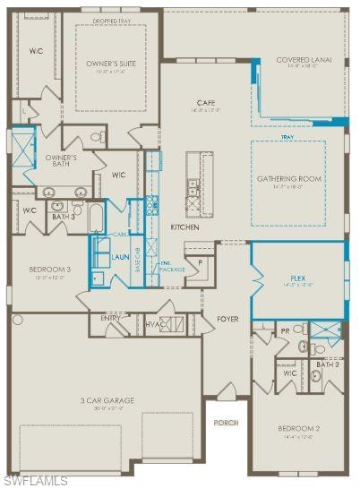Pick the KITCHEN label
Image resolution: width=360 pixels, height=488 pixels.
click(x=184, y=227)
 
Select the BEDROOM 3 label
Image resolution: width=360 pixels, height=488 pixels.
click(x=50, y=269)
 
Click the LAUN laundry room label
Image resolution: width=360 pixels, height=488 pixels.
click(x=121, y=257)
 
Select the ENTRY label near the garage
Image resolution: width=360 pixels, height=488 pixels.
click(x=111, y=317)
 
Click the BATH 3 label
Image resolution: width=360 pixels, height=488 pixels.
click(x=63, y=217)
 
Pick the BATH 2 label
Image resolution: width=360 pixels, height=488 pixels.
click(x=328, y=364)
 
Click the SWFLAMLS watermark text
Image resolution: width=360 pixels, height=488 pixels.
click(x=35, y=481)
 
